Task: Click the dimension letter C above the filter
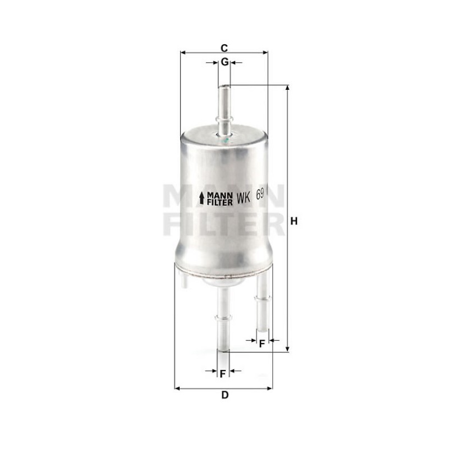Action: (x=224, y=48)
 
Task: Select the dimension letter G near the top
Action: (x=225, y=62)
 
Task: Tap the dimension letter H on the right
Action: (x=294, y=221)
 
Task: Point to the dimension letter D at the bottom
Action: (x=225, y=395)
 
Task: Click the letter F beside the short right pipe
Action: (x=262, y=343)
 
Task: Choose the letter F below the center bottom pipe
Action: (x=223, y=374)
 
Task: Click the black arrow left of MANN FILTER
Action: (x=202, y=198)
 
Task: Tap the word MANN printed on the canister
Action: (x=219, y=195)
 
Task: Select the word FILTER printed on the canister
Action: (x=219, y=202)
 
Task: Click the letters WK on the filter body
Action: (x=244, y=198)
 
